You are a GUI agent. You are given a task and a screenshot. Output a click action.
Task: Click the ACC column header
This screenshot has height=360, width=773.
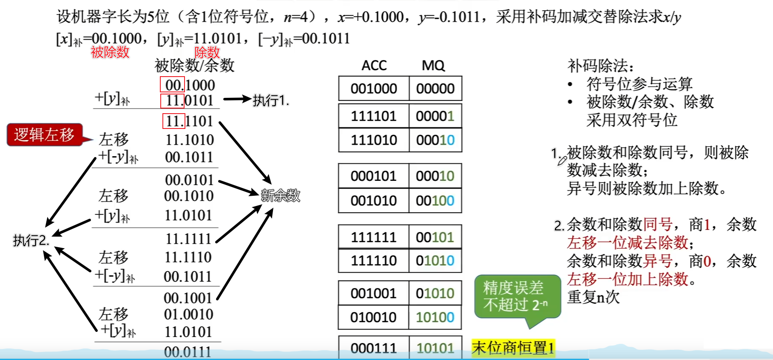pos(374,66)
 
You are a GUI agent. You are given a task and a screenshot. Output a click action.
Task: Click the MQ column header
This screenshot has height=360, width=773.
pos(433,66)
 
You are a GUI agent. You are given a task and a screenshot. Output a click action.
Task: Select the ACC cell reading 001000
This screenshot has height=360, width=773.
pos(374,89)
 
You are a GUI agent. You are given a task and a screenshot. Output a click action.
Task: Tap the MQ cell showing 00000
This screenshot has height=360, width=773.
pos(435,89)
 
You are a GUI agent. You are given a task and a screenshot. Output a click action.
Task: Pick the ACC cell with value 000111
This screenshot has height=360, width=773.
pos(374,348)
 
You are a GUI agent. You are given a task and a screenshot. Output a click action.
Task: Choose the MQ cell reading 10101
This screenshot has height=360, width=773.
pos(435,348)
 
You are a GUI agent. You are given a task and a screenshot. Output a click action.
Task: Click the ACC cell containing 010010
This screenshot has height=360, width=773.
pos(374,317)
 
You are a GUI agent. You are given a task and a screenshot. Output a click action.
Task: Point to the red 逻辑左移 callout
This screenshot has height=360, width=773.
pos(45,134)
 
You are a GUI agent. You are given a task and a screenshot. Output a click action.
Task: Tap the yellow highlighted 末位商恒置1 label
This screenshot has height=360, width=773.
pos(513,348)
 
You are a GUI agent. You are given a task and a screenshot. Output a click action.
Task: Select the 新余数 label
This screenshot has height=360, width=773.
pos(280,195)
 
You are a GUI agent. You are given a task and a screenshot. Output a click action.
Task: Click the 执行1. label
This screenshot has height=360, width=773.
pos(271,100)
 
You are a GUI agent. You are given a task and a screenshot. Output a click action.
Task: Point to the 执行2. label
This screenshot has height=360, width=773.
pos(31,240)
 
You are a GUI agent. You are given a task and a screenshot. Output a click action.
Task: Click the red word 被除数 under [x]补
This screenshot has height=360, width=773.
pos(110,52)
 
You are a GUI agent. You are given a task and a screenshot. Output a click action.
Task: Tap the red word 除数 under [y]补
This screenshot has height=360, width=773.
pos(207,52)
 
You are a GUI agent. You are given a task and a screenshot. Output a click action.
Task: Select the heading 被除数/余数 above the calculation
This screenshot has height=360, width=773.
pos(194,66)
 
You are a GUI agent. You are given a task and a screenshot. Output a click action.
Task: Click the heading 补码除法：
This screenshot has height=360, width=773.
pos(600,66)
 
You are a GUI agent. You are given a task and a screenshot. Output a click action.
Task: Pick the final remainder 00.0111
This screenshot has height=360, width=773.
pos(188,352)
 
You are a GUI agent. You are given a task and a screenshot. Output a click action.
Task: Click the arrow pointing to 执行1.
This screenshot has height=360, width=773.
pos(237,100)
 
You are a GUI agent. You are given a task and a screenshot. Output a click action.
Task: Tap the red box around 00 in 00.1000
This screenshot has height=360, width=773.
pos(172,85)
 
